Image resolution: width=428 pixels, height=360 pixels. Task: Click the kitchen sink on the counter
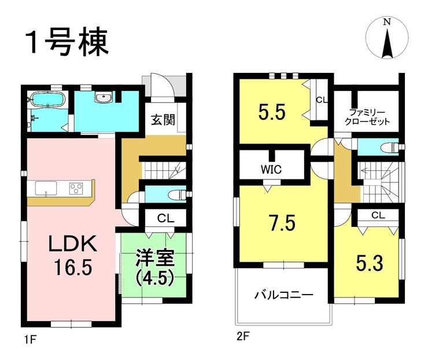[x=47, y=188]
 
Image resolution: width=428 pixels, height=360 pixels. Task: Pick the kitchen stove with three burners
[x=77, y=188]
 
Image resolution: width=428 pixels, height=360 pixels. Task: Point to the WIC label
[x=270, y=170]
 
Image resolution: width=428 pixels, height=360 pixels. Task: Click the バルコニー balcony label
[x=284, y=295]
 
